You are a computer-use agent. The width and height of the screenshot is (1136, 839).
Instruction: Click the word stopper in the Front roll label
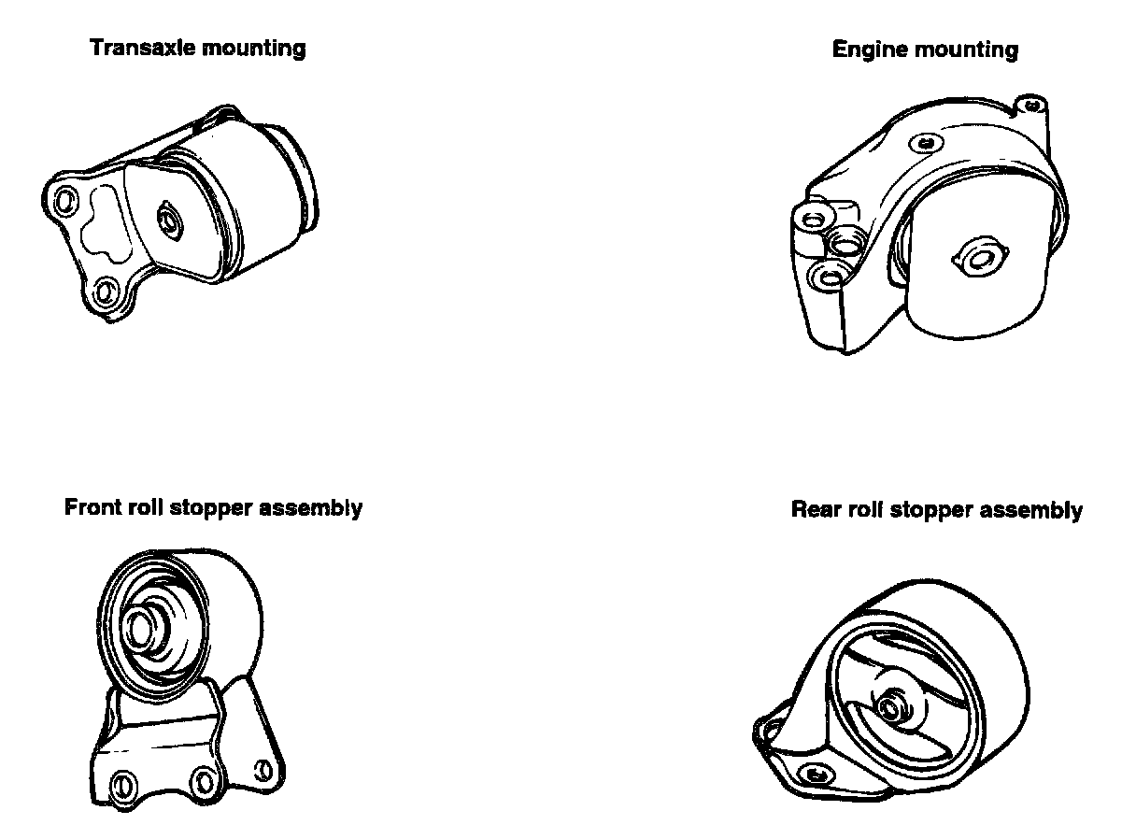click(208, 509)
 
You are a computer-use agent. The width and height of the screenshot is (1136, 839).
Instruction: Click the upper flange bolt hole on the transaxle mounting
click(64, 200)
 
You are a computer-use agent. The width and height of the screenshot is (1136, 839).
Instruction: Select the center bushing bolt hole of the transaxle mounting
click(170, 220)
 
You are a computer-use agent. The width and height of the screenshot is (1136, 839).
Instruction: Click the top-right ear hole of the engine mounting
click(1030, 105)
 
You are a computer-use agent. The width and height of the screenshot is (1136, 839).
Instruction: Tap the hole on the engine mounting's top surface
click(926, 143)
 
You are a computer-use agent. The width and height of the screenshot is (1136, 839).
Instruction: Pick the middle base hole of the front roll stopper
click(204, 777)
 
